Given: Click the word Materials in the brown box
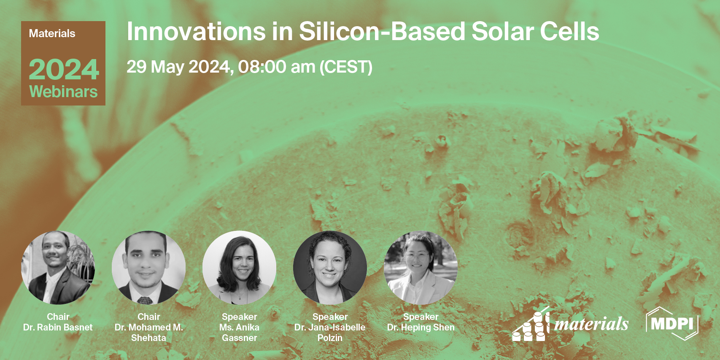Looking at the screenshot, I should (x=52, y=34).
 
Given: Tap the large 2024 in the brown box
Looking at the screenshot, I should (x=64, y=70).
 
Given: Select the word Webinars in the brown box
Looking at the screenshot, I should (x=63, y=92).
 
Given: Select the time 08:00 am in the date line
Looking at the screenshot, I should (x=276, y=67).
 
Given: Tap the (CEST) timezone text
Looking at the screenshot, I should (x=346, y=67).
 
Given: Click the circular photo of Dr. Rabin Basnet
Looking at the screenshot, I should (x=58, y=268).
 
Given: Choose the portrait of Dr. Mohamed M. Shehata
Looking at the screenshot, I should (x=148, y=268).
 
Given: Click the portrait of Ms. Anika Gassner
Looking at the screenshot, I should (x=239, y=268).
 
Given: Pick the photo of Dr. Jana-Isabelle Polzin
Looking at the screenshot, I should (x=330, y=268).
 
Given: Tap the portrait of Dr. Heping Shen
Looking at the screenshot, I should (x=421, y=268).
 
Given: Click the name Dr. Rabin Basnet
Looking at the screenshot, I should (x=58, y=327).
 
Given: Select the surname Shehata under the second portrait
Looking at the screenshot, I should (x=148, y=338).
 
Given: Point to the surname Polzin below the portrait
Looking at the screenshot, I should (x=330, y=338).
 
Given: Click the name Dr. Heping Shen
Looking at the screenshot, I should (x=421, y=327).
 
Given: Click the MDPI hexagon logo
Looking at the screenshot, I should (x=672, y=324).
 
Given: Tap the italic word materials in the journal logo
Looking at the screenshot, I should (x=591, y=324).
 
